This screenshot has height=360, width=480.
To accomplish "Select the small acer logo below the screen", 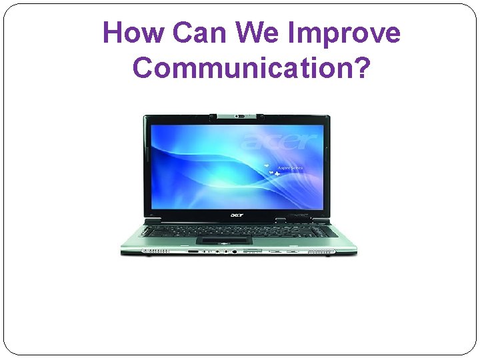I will click(238, 215).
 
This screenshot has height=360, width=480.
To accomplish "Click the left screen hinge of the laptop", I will click(153, 219).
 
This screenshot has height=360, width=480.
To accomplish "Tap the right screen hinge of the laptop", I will click(321, 219).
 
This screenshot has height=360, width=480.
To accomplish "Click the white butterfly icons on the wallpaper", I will click(271, 171).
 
